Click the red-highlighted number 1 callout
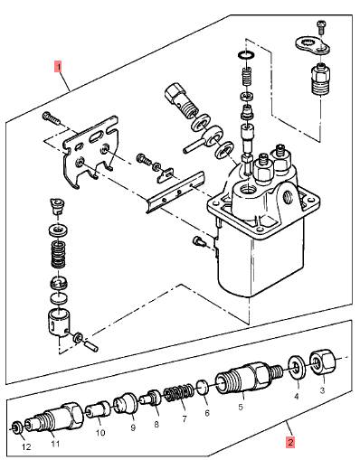58,67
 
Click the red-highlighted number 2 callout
290,443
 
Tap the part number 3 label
322,390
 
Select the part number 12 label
26,446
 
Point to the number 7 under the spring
185,418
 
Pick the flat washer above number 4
297,368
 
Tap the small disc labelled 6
203,388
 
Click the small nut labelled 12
16,427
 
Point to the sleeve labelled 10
98,409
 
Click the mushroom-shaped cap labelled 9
126,404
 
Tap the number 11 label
55,444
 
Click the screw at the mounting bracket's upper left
52,118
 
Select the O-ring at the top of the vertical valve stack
246,55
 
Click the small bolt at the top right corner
321,27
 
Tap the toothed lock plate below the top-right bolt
312,46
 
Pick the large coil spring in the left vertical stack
58,255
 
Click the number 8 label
156,425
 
